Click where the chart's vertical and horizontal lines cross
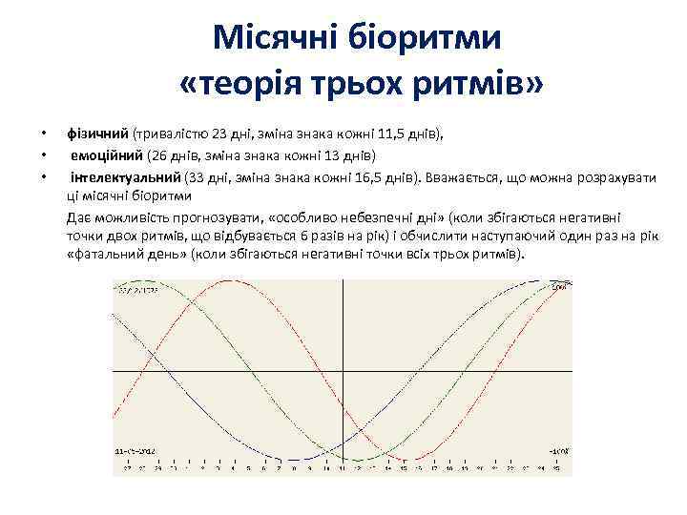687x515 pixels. (343, 369)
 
